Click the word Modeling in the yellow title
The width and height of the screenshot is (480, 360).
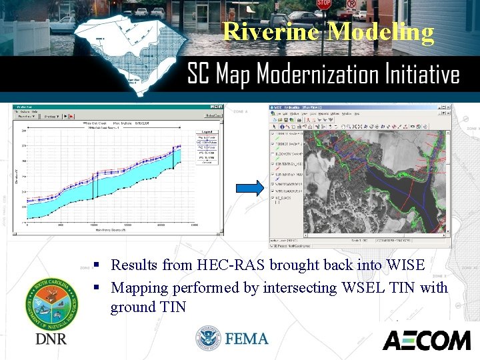click(381, 32)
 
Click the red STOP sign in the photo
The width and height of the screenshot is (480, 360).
click(324, 5)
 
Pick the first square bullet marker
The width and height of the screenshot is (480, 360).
click(97, 265)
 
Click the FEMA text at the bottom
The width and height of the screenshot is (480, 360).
click(247, 339)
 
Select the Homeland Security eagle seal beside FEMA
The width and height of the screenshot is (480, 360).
click(209, 339)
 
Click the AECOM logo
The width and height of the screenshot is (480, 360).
click(427, 340)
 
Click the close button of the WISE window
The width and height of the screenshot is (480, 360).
click(447, 107)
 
